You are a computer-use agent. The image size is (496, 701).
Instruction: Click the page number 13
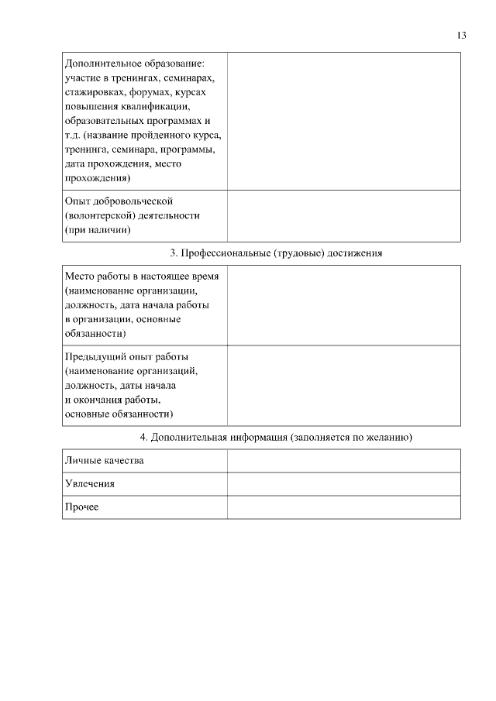pos(462,35)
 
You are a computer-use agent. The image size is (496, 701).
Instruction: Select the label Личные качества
pos(105,461)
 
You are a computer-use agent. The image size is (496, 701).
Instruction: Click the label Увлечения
pos(90,483)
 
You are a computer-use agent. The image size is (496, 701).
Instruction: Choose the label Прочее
pos(82,507)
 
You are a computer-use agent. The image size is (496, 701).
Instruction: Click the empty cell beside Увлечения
pos(343,483)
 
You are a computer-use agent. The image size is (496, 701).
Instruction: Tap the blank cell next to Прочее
pos(343,507)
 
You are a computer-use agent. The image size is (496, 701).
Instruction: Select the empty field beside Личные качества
pos(343,461)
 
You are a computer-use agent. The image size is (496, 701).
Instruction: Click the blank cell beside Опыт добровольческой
pos(343,216)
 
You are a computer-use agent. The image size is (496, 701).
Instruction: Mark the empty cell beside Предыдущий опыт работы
pos(343,386)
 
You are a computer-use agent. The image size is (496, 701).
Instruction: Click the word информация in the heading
pos(253,438)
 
